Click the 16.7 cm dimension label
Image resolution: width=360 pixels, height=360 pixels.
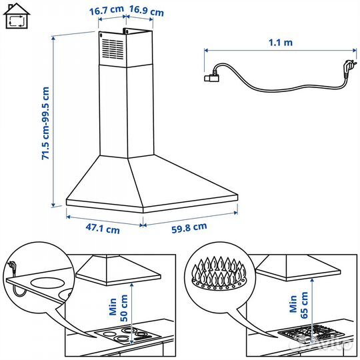[x=106, y=10]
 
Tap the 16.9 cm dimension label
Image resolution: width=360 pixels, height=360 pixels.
[x=147, y=11]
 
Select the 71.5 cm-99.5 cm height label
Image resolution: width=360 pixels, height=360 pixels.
[x=45, y=123]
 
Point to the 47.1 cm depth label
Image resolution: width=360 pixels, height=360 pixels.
[x=103, y=229]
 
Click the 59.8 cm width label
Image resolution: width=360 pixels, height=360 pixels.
[x=189, y=228]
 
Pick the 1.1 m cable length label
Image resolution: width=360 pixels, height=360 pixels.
[x=281, y=43]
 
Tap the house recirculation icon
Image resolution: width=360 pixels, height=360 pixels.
[x=17, y=16]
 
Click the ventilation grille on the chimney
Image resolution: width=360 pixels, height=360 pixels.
[x=113, y=49]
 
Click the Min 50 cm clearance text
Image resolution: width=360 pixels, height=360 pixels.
[x=118, y=308]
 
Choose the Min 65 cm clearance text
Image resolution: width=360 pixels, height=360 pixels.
[x=299, y=305]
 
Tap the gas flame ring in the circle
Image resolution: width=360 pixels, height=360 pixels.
[x=219, y=273]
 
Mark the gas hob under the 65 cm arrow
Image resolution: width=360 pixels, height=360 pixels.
[x=311, y=333]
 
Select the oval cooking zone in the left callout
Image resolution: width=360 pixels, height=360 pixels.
[x=46, y=283]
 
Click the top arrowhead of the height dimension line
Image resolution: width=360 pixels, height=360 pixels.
[x=53, y=38]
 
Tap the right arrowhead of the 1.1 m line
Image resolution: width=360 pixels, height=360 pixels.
[x=355, y=50]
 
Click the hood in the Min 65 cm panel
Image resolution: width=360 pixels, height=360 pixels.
[x=298, y=268]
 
